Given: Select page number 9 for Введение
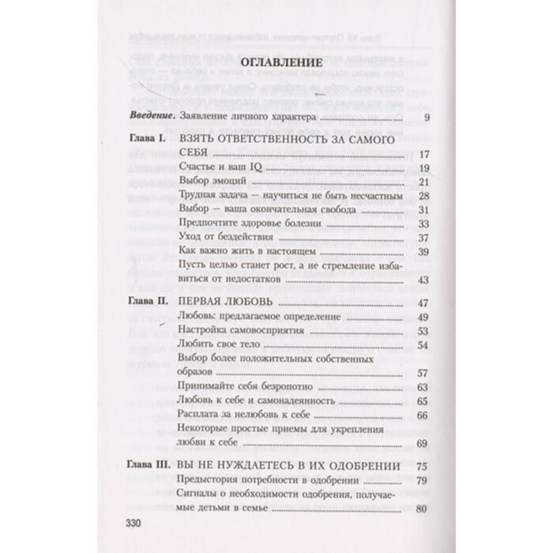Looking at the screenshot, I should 424,119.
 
